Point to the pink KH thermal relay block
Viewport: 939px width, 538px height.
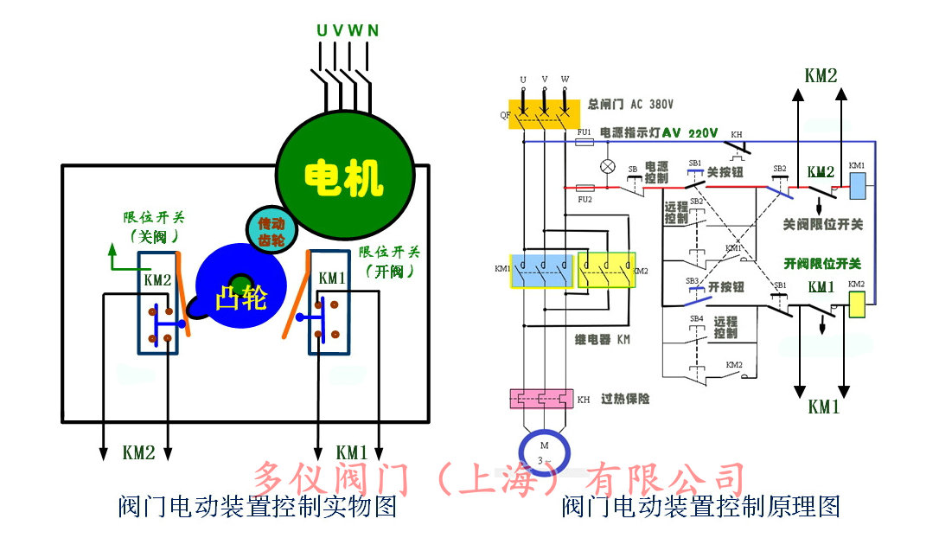click(x=541, y=399)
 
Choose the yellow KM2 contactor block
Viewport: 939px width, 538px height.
click(x=606, y=271)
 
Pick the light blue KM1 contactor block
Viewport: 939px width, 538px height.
click(x=541, y=271)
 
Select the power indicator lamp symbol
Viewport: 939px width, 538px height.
click(x=608, y=166)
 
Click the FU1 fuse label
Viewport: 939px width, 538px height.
click(x=584, y=131)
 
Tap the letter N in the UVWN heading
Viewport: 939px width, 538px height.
click(x=373, y=30)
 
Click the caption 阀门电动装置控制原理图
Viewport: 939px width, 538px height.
click(x=701, y=507)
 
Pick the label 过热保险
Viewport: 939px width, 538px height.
click(x=625, y=399)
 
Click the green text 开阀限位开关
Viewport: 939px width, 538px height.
click(x=822, y=263)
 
